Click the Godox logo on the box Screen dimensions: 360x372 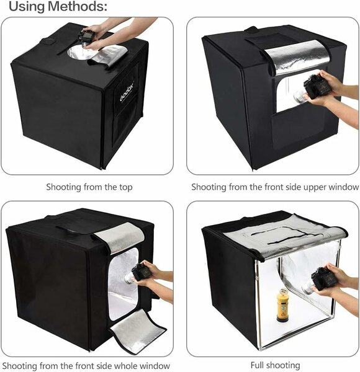pyautogui.click(x=127, y=91)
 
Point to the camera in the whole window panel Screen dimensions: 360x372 pyautogui.click(x=141, y=272)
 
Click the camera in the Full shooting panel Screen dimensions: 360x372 pyautogui.click(x=319, y=279)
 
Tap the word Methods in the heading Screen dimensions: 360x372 pyautogui.click(x=77, y=6)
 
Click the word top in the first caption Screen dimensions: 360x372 pyautogui.click(x=125, y=187)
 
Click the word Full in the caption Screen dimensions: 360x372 pyautogui.click(x=258, y=365)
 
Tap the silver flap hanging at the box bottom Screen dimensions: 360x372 pyautogui.click(x=138, y=332)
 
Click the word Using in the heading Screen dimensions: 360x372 pyautogui.click(x=27, y=7)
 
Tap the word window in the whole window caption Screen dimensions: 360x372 pyautogui.click(x=155, y=366)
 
